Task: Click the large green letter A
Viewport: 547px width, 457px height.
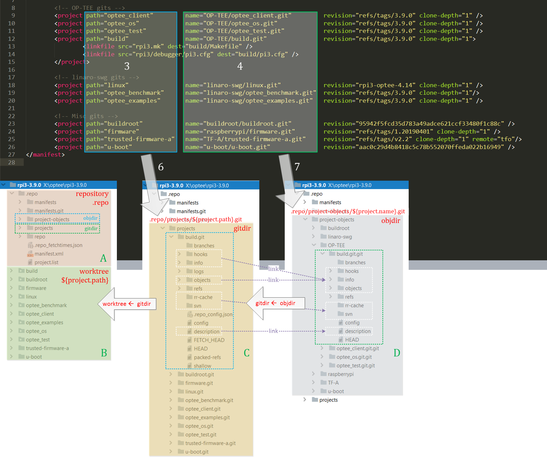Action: [x=103, y=258]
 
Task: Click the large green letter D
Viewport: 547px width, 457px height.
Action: [x=397, y=353]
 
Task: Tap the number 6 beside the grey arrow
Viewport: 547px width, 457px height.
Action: [x=161, y=167]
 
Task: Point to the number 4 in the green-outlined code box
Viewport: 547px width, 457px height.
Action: [x=240, y=66]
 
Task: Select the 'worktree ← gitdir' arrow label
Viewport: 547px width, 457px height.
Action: [x=127, y=304]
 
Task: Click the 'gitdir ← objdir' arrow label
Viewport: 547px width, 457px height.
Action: [x=275, y=303]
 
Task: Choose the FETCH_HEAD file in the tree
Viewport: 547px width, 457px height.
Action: [x=209, y=340]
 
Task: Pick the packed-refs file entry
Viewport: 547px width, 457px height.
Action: [x=207, y=357]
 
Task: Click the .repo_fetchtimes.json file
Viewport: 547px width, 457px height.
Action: [x=58, y=245]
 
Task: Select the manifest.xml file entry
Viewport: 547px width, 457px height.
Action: [x=49, y=254]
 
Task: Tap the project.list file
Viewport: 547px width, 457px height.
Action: [x=46, y=262]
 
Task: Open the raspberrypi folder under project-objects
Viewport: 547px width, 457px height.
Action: [x=340, y=374]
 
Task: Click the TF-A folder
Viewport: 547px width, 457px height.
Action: [x=333, y=383]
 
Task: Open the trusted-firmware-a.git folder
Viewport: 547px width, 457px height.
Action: [x=210, y=443]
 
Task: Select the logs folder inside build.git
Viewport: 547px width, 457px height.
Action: [x=199, y=272]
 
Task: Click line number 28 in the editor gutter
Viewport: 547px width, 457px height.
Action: [x=12, y=162]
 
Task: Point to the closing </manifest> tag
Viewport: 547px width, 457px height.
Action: [x=45, y=155]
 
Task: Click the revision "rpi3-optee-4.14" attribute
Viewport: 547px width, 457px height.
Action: [x=369, y=85]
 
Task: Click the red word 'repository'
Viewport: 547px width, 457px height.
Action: [x=92, y=194]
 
